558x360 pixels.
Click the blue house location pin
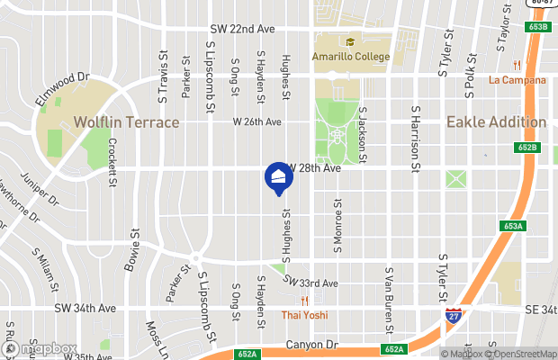(x=278, y=176)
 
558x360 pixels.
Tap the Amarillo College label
(x=350, y=57)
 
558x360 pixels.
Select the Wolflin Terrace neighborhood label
(x=126, y=121)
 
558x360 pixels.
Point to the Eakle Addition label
(x=496, y=121)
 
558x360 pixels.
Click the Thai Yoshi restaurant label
(x=304, y=315)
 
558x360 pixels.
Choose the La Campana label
(x=517, y=79)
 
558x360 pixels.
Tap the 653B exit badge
(x=538, y=28)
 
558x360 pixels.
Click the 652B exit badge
(x=528, y=147)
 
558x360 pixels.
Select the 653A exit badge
(x=515, y=226)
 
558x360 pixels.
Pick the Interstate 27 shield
(x=454, y=316)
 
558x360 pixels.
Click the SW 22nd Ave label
(x=241, y=29)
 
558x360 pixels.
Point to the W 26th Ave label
(x=257, y=121)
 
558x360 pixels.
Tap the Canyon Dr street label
(x=313, y=344)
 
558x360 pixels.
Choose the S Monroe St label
(x=338, y=227)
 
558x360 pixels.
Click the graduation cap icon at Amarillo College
(x=349, y=42)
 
